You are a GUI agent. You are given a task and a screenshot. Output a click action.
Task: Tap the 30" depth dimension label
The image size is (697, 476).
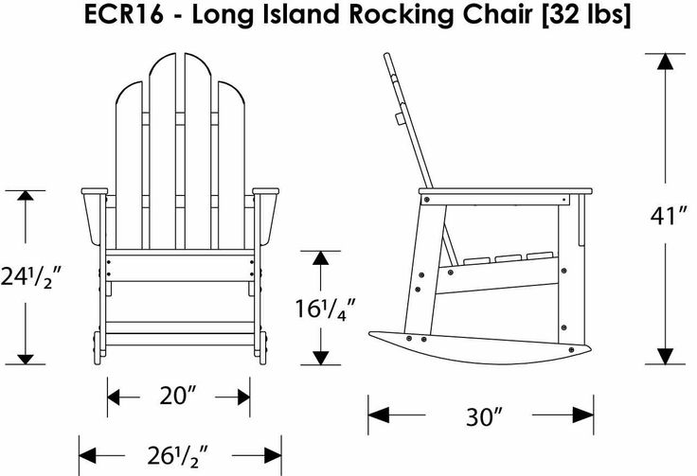pos(484,416)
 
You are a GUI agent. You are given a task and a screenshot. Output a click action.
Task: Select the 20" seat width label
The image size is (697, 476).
pos(177,396)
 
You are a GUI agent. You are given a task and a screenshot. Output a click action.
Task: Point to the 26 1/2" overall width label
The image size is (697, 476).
pos(177,455)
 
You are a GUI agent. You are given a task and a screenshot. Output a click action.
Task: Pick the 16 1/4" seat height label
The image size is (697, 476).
pos(326,309)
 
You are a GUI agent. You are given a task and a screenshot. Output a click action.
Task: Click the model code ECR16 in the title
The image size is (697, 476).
pos(123,14)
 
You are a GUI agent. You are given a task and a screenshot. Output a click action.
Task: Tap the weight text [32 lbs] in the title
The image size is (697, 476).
pos(586,15)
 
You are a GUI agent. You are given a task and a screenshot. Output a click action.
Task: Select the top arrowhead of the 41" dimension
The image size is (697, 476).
pos(665,62)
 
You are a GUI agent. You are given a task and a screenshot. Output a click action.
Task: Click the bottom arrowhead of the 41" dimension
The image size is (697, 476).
pos(665,356)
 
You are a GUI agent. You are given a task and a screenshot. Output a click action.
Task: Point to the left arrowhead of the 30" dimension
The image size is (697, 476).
pos(378,415)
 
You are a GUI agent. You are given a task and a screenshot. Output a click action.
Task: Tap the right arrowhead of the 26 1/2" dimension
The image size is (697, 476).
pos(273,455)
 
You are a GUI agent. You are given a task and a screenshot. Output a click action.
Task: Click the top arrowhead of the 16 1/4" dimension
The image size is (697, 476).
pos(320,258)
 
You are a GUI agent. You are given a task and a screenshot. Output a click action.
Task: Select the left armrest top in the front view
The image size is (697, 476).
pos(95,191)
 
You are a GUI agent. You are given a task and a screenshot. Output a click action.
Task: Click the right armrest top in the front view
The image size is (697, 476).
pos(266,191)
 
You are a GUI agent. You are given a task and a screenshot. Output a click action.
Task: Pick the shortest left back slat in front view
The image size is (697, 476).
pos(129,166)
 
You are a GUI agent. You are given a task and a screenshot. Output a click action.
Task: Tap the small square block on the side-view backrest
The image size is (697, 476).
pos(400,119)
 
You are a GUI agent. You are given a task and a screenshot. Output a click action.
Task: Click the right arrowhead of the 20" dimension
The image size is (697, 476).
pos(243,397)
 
